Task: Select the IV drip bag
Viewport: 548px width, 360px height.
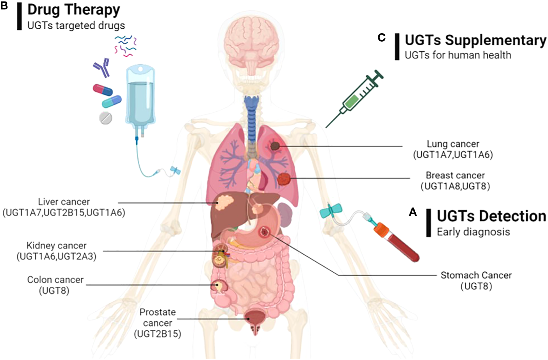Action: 140,98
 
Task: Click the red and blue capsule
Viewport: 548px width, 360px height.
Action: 103,90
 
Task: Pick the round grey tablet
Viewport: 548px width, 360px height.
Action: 105,118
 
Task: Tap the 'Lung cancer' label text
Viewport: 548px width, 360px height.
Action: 453,144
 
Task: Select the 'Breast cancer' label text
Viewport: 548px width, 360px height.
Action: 455,176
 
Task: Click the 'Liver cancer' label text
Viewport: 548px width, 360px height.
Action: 64,202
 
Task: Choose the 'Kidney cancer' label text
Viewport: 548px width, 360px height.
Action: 57,246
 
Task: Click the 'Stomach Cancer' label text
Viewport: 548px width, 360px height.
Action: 476,275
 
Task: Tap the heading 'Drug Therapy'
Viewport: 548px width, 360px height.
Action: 74,9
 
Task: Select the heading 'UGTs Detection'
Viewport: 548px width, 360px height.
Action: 491,216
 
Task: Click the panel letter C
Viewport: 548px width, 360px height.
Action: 381,38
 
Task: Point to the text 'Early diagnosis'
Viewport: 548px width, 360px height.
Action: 473,232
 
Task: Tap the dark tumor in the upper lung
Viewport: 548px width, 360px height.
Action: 275,146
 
